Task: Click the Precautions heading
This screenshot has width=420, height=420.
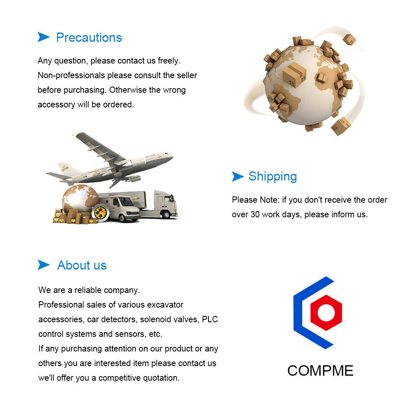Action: [x=89, y=38]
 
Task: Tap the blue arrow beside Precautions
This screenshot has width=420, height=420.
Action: [x=43, y=37]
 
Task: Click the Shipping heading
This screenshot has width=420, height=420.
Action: [x=272, y=177]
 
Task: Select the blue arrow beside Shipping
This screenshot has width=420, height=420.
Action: [x=238, y=176]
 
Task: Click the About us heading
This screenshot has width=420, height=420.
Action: [x=82, y=265]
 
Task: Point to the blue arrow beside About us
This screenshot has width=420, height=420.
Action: [x=43, y=265]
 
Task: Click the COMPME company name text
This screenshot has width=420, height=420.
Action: [x=321, y=371]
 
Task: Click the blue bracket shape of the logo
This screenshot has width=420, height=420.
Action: [x=299, y=313]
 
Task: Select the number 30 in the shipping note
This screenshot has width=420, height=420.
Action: [x=255, y=214]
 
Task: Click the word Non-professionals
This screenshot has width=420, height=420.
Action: [x=71, y=76]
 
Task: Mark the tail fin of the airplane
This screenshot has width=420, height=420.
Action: [x=66, y=169]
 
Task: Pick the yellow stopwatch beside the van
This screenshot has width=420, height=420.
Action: [x=100, y=213]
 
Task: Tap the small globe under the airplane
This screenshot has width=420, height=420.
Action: [x=80, y=198]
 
